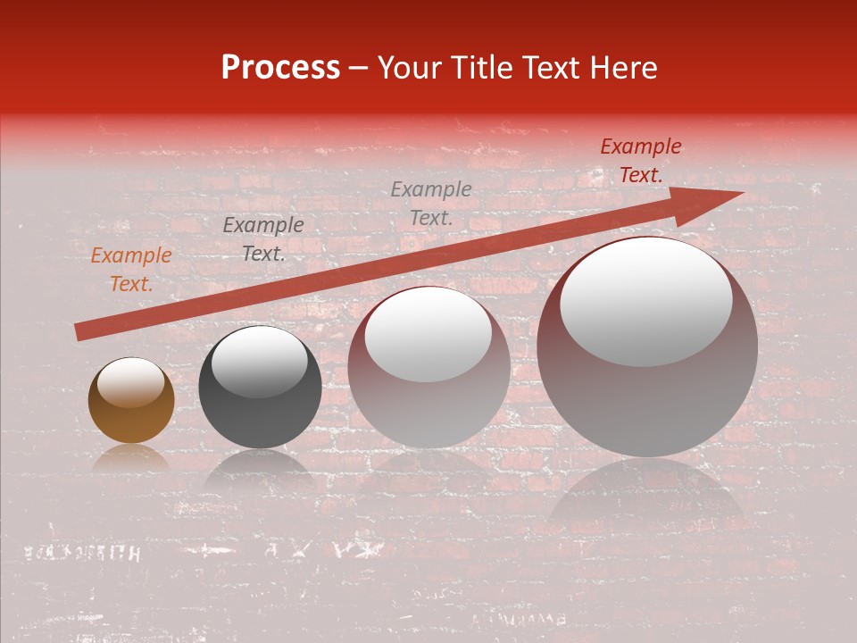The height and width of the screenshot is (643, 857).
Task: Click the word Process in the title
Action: [x=280, y=68]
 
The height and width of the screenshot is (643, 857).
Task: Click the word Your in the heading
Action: [x=406, y=68]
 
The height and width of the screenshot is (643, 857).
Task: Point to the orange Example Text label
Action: [x=131, y=270]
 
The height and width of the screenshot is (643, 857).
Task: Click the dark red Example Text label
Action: [x=641, y=161]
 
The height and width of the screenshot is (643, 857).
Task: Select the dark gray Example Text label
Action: [x=263, y=239]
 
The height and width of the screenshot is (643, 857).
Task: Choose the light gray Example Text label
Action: [x=431, y=203]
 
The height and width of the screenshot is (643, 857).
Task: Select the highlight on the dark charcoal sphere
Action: [x=259, y=362]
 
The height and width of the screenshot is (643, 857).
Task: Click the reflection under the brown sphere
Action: [x=131, y=458]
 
